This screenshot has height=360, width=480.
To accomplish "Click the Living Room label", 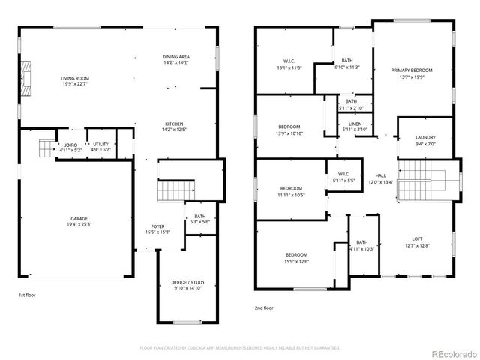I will (x=75, y=81).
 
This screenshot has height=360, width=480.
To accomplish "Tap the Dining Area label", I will (x=175, y=60).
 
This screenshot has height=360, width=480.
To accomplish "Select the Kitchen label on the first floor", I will (x=174, y=127).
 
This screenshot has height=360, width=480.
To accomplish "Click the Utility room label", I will (x=100, y=147).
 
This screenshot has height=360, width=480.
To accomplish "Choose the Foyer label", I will (x=157, y=229).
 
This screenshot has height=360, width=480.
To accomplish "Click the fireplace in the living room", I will (x=26, y=76).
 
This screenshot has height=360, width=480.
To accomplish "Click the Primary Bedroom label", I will (x=411, y=73).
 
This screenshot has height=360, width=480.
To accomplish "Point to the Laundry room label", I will (x=425, y=140).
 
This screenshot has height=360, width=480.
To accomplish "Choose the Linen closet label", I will (x=355, y=127).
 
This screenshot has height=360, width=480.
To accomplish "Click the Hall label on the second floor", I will (x=381, y=178).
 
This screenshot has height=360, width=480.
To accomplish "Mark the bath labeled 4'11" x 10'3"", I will (x=362, y=245).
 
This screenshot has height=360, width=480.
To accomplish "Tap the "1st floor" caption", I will (x=28, y=296).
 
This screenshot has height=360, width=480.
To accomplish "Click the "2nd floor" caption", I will (x=265, y=307).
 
